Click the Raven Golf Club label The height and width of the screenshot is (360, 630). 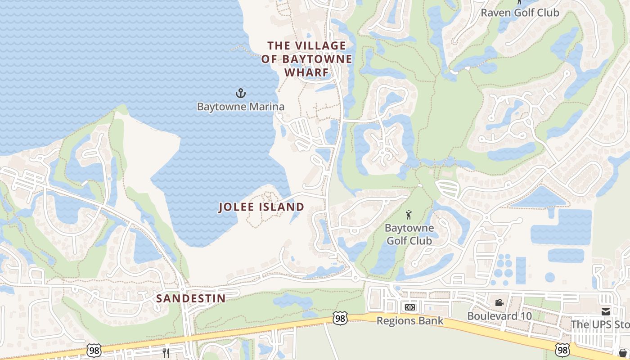520,13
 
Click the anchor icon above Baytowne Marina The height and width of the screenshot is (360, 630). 241,93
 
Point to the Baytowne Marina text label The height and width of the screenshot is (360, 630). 241,107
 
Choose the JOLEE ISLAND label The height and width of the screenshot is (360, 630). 261,207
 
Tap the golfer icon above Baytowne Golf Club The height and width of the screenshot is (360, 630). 409,215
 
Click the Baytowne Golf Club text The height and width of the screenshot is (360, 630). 409,234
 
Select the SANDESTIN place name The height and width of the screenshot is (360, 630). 191,298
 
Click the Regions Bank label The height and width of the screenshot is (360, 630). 409,321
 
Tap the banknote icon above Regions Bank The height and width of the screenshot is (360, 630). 409,307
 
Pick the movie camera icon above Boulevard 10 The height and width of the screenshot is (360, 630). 499,303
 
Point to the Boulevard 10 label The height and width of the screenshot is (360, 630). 499,316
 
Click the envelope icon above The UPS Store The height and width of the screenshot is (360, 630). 606,311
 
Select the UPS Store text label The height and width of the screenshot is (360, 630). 600,324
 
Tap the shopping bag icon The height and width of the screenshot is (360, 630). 623,352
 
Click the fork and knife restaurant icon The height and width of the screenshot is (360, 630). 166,353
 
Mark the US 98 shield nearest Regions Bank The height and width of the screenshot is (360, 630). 340,317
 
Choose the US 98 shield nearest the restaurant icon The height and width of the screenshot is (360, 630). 94,350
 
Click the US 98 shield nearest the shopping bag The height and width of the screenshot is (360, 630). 562,350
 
